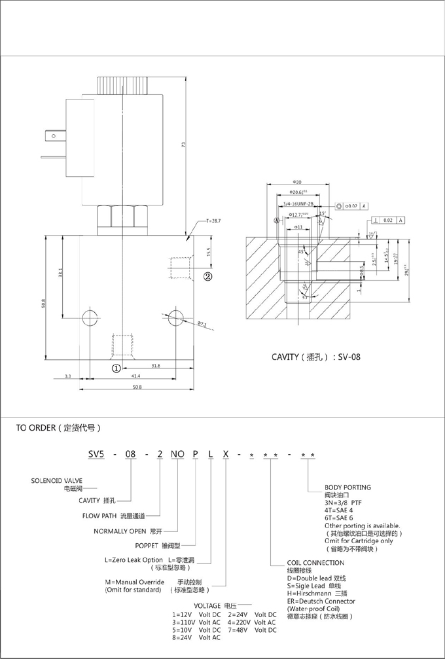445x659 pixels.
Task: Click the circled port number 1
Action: [115, 368]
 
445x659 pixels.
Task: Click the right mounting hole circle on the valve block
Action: [174, 317]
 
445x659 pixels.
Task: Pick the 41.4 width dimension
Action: [135, 378]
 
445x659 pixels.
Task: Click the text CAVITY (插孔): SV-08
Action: [316, 357]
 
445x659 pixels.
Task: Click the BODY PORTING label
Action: [347, 488]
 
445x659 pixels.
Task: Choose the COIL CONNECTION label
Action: [315, 563]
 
